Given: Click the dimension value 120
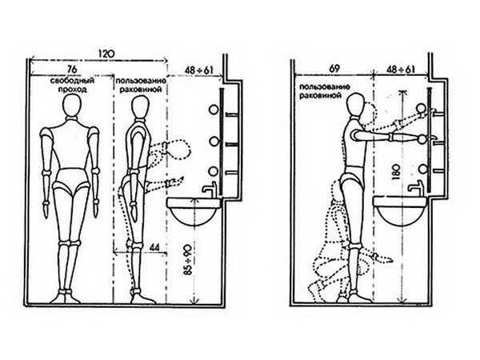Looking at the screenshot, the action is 106,54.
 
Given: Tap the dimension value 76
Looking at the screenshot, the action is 72,69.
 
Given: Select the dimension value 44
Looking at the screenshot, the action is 155,247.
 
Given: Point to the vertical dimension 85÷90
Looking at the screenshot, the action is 188,259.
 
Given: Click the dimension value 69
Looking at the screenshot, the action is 334,69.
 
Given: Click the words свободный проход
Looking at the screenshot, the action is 72,85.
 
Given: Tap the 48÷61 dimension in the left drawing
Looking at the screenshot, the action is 198,70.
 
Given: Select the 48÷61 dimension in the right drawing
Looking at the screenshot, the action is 401,70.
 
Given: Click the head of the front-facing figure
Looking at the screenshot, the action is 72,105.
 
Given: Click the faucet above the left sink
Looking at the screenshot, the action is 210,190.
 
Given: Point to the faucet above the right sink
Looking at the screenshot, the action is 416,189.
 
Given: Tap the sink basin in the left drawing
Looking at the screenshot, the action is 194,212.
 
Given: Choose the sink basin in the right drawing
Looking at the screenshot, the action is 400,211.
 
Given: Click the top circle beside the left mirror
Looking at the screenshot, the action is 214,110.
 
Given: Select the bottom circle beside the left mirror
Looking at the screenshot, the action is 214,171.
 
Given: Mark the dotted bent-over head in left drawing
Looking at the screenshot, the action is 178,150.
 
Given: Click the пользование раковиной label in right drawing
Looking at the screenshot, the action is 325,91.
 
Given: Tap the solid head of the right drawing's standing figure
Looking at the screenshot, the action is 356,105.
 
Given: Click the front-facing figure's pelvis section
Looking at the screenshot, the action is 71,181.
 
